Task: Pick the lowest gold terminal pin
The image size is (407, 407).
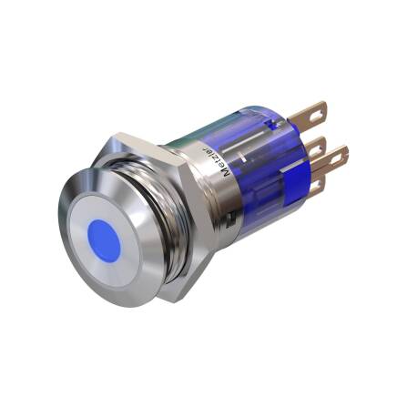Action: pos(318,187)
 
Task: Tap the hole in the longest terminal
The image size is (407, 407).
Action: pos(335,155)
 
